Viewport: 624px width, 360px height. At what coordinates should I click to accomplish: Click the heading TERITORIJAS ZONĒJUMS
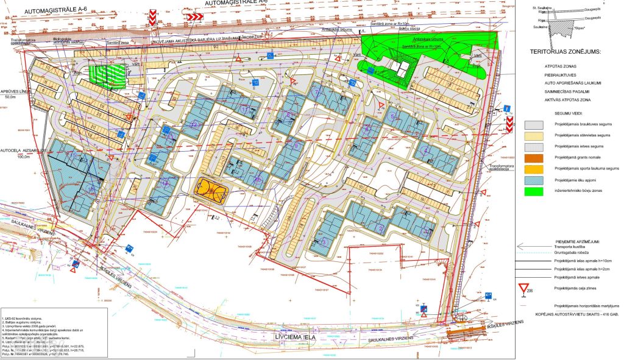[x=566, y=52]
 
